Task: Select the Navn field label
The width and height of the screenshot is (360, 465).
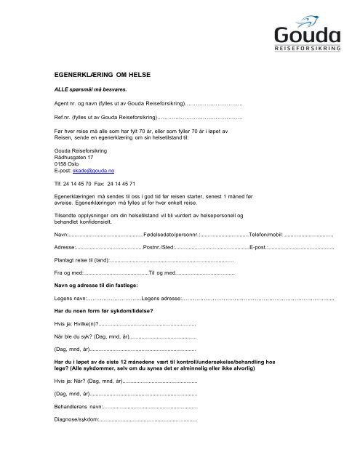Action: pyautogui.click(x=62, y=235)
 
